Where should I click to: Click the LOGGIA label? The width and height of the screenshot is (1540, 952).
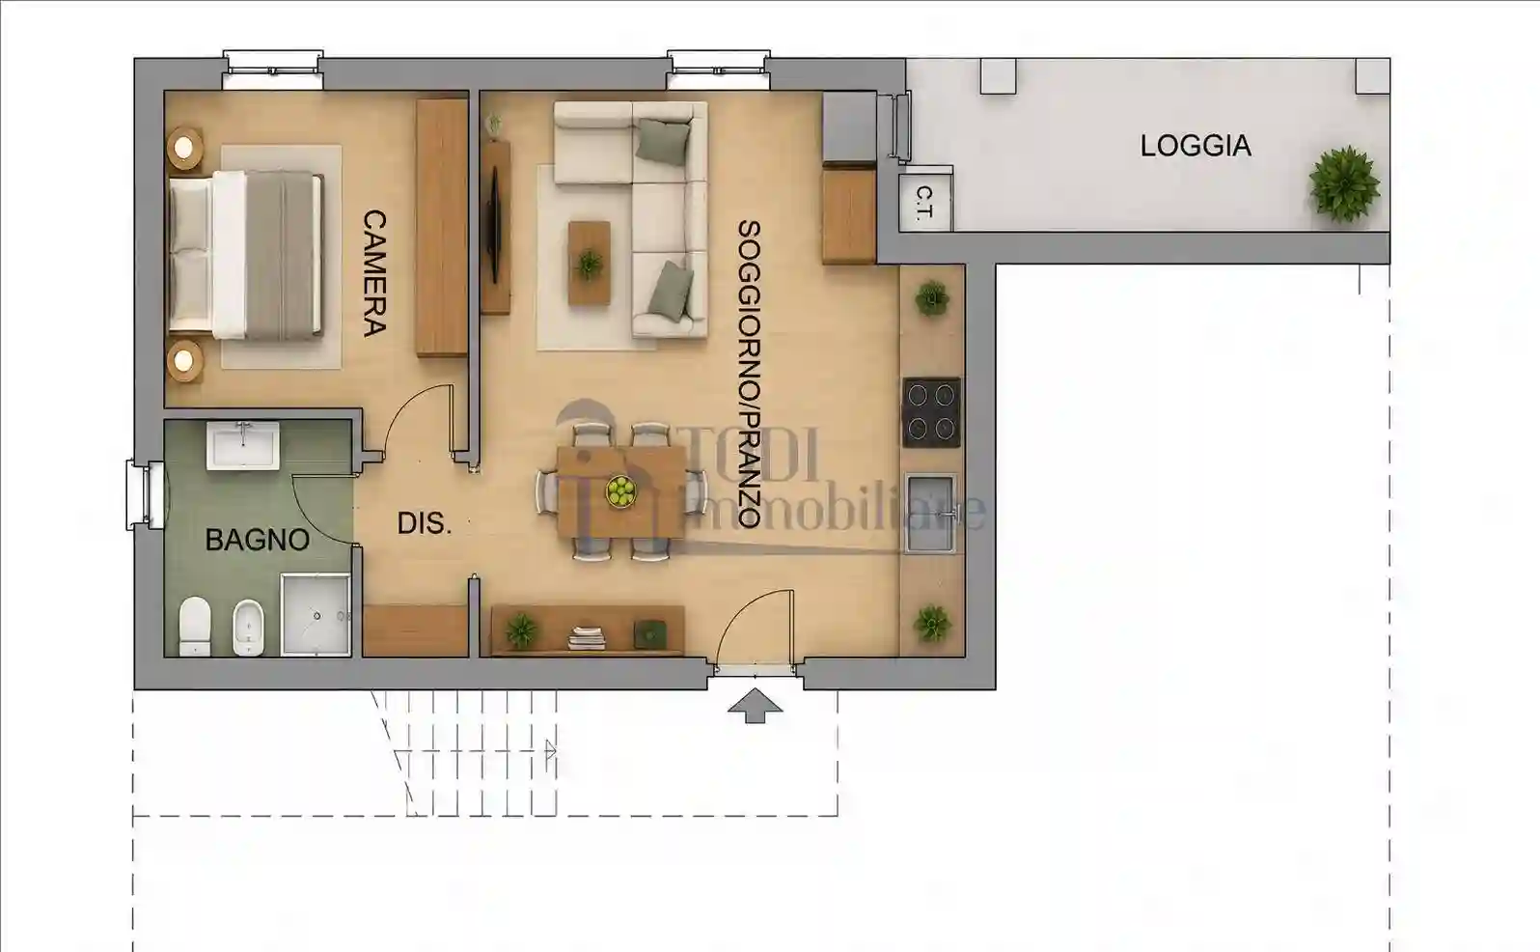click(1196, 146)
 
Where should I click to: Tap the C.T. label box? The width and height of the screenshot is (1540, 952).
click(926, 202)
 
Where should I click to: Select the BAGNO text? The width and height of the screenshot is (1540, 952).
click(257, 540)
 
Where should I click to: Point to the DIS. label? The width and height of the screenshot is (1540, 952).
click(425, 524)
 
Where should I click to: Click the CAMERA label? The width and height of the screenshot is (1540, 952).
click(374, 273)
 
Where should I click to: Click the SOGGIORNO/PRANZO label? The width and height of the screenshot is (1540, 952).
click(749, 375)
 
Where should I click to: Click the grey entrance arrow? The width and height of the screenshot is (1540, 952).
click(755, 706)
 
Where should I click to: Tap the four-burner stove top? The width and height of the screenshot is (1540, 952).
click(931, 412)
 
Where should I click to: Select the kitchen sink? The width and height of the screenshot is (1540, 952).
click(930, 513)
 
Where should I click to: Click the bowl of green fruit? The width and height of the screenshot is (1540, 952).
click(620, 491)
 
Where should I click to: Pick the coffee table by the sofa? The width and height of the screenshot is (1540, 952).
click(590, 263)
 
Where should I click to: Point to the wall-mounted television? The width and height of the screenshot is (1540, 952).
click(494, 228)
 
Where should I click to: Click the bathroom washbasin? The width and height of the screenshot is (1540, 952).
click(243, 446)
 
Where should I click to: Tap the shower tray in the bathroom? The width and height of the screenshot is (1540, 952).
click(316, 616)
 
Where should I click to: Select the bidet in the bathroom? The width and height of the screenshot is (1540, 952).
click(248, 628)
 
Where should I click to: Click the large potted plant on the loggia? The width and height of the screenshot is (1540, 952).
click(1344, 183)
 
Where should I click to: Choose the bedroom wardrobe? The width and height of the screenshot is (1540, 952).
click(442, 228)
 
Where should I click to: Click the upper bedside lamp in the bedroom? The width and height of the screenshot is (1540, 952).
click(184, 148)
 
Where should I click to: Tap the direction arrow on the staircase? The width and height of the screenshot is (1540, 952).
click(550, 750)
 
